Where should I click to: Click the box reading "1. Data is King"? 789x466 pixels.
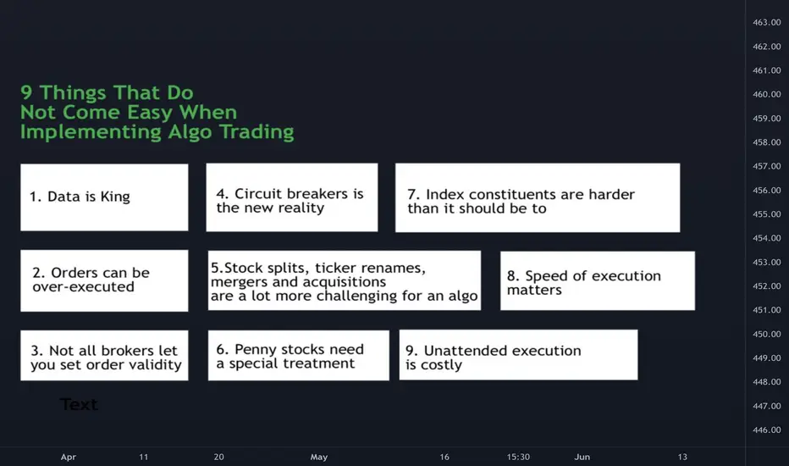click(x=104, y=197)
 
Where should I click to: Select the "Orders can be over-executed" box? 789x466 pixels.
click(x=104, y=280)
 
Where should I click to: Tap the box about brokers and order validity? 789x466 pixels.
click(x=104, y=356)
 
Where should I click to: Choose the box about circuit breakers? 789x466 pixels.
click(x=292, y=197)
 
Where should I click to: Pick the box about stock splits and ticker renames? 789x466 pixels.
click(x=345, y=280)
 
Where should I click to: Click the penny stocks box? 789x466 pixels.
click(x=298, y=355)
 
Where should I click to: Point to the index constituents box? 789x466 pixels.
click(x=538, y=197)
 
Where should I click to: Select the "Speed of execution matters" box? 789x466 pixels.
click(x=598, y=280)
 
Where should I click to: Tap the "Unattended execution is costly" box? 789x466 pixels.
click(x=518, y=355)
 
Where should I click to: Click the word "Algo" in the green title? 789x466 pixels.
click(x=190, y=132)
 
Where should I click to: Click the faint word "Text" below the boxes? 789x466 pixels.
click(x=79, y=404)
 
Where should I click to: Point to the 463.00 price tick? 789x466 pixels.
click(x=767, y=22)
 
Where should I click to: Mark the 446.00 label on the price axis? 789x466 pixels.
click(x=767, y=430)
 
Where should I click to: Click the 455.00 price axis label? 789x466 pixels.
click(x=767, y=214)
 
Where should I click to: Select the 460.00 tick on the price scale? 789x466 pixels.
click(x=767, y=94)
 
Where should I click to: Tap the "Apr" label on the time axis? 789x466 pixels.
click(x=69, y=457)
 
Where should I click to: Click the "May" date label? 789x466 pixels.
click(x=319, y=457)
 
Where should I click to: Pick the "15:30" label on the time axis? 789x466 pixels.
click(x=518, y=457)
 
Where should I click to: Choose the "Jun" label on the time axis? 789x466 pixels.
click(x=582, y=457)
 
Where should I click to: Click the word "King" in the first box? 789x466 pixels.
click(x=115, y=197)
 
